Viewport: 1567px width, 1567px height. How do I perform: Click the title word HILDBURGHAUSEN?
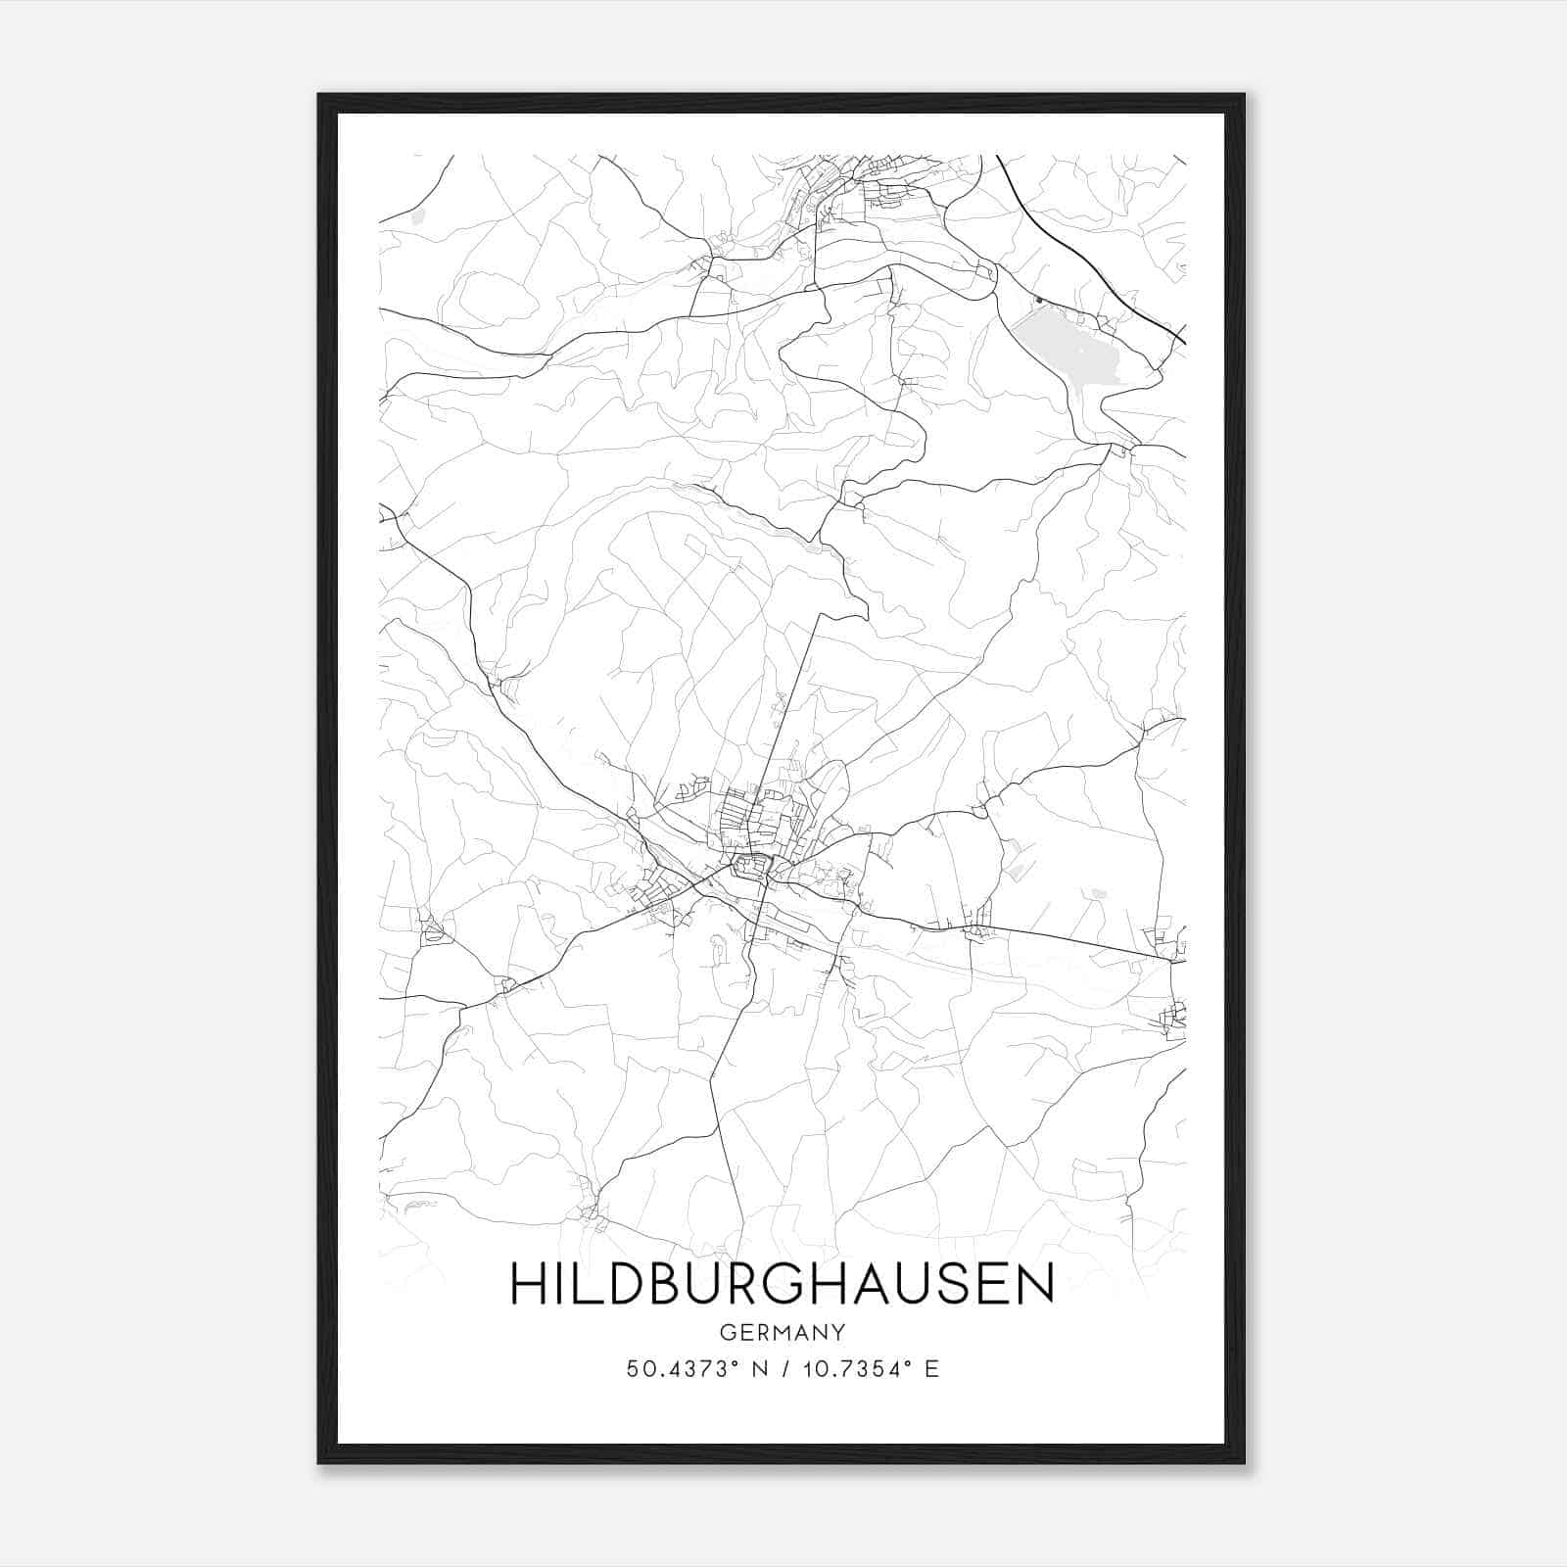click(782, 1284)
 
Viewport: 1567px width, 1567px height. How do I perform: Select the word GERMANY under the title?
click(782, 1332)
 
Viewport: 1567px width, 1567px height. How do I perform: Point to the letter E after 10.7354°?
click(931, 1369)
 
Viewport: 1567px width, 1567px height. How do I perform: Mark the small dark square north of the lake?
click(1037, 299)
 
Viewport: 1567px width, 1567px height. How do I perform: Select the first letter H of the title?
click(526, 1284)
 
